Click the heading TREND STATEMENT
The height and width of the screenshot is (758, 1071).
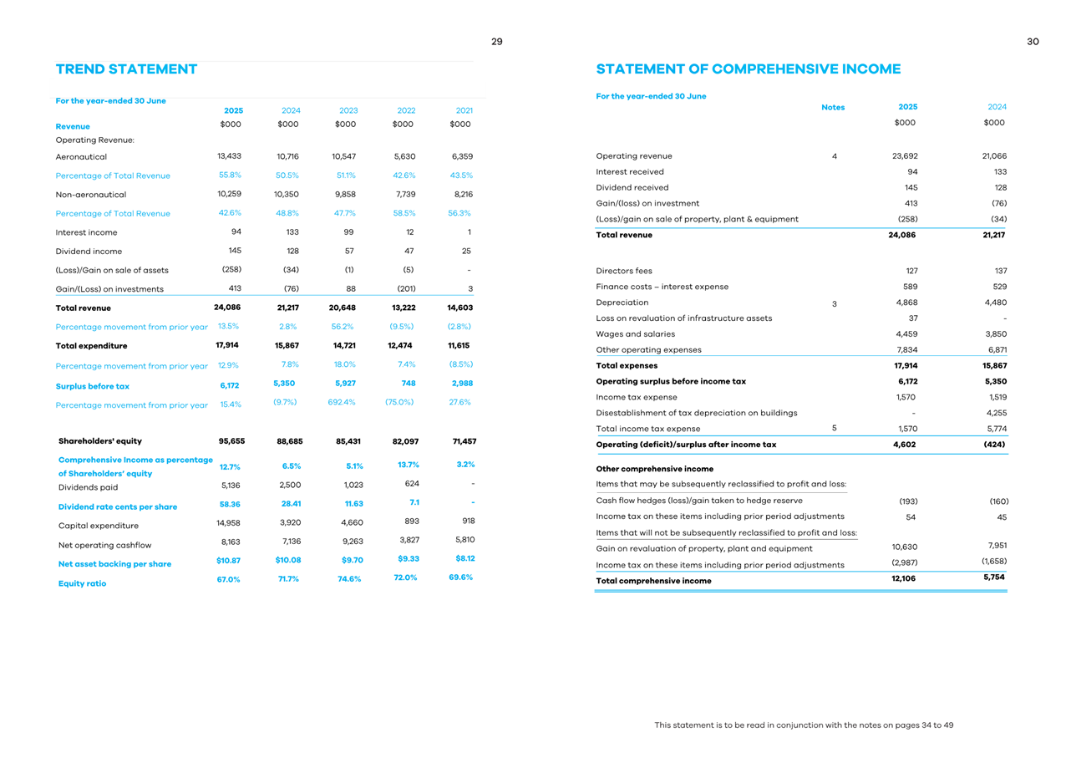126,69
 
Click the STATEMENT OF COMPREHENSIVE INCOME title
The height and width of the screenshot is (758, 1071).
749,69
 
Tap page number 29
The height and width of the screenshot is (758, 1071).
496,42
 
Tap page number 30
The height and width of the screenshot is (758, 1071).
1033,42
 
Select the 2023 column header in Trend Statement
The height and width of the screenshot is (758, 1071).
348,110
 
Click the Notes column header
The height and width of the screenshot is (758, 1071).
833,107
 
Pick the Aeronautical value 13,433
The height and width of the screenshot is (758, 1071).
230,156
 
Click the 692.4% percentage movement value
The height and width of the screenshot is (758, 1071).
342,402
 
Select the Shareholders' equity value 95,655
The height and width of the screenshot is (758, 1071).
230,441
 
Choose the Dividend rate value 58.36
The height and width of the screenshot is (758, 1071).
230,504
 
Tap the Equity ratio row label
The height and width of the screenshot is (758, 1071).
81,583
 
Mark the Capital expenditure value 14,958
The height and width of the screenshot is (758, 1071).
230,522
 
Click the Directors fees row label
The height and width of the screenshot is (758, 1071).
624,271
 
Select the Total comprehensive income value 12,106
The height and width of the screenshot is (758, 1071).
903,578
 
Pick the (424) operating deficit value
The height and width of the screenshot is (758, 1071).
992,445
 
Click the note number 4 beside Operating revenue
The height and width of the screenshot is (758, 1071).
834,156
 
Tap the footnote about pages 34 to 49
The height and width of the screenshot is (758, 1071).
804,725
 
